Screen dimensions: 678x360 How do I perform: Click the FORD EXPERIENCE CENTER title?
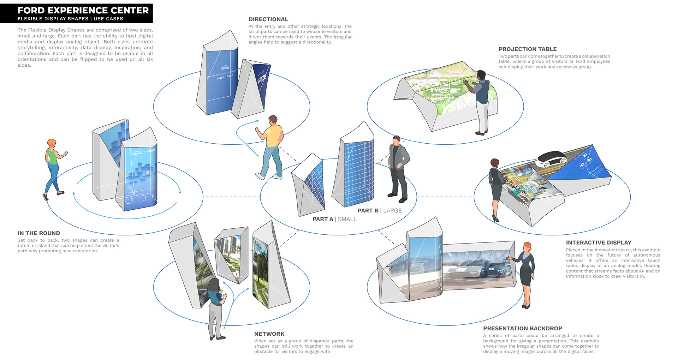point(83,10)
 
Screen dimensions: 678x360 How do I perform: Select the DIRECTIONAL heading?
point(268,19)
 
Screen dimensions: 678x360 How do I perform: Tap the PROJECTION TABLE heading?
point(528,49)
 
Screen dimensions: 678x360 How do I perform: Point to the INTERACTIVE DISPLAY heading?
point(599,242)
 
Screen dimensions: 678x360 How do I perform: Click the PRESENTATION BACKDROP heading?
point(523,328)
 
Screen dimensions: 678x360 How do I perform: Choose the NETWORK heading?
point(269,334)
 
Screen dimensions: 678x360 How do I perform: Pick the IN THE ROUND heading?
point(39,233)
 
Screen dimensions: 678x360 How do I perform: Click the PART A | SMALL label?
point(334,219)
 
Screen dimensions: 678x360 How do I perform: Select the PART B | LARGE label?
point(379,211)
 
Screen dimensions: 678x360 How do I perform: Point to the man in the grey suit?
point(398,168)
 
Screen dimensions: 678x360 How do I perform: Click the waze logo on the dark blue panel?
point(261,79)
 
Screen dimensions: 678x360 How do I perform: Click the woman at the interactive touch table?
point(495,187)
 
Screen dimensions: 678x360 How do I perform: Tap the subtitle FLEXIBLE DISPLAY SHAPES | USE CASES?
point(70,19)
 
